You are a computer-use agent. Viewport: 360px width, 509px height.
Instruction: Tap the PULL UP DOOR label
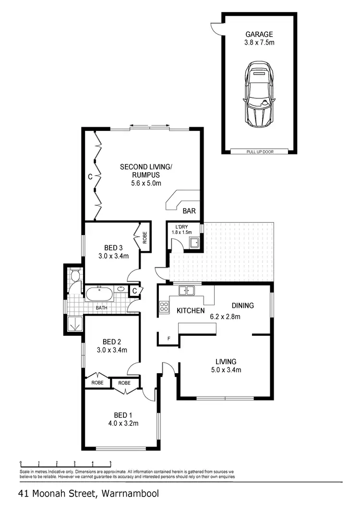[x=259, y=152]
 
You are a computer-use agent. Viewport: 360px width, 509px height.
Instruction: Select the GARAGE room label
[x=259, y=35]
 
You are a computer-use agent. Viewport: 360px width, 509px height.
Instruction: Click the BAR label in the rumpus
[x=189, y=210]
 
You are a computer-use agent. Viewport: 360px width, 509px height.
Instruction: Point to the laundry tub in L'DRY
[x=194, y=243]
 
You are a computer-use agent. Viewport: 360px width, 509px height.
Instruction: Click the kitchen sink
[x=186, y=290]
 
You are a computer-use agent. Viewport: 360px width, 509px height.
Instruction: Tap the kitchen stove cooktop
[x=164, y=308]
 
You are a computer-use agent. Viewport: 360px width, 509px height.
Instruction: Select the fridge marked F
[x=168, y=339]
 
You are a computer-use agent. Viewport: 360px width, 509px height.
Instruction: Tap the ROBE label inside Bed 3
[x=144, y=237]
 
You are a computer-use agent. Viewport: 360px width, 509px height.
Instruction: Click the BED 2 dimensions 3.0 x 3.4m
[x=112, y=350]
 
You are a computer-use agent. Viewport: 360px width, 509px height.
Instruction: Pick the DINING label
[x=243, y=306]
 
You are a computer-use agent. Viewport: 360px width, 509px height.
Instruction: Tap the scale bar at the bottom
[x=66, y=464]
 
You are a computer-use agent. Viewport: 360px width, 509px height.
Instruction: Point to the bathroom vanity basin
[x=121, y=289]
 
